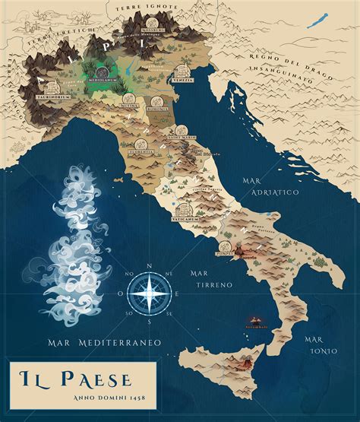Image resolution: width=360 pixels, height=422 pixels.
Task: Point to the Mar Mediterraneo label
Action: pos(103,344)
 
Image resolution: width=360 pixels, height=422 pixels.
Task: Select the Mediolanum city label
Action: pos(103,78)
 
